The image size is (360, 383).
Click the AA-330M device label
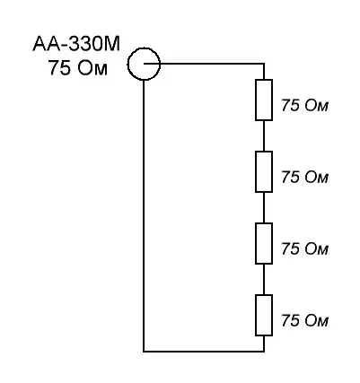(76, 44)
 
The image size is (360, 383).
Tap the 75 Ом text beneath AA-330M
(78, 68)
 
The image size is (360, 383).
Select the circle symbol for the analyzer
(144, 48)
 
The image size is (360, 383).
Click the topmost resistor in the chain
(264, 100)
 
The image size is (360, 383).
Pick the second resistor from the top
(264, 171)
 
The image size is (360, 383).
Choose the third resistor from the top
(264, 243)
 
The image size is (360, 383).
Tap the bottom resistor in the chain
(264, 315)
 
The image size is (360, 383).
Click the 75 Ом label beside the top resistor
(304, 106)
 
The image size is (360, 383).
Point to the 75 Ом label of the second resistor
(304, 177)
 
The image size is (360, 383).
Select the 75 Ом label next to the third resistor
(304, 248)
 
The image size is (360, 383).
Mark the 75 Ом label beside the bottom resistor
(304, 320)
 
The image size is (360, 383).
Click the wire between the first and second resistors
(264, 135)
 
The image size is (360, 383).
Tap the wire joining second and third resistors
(264, 207)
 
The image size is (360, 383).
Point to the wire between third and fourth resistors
(264, 279)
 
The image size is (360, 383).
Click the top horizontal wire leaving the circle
(204, 64)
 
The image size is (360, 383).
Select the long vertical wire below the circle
(144, 215)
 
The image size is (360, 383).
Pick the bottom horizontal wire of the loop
(204, 352)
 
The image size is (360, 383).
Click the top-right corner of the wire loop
(264, 64)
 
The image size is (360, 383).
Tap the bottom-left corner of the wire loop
(144, 352)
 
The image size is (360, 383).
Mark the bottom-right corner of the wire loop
(264, 352)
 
